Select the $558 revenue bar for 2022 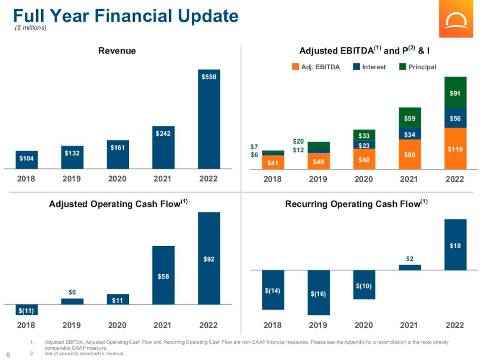tap(209, 119)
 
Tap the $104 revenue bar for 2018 tap(27, 159)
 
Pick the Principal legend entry tap(418, 67)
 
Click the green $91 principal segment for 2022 tap(455, 93)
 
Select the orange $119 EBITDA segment tap(455, 149)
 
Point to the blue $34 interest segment tap(410, 134)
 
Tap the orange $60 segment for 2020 tap(364, 159)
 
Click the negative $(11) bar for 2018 tap(27, 310)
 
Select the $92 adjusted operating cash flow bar tap(209, 258)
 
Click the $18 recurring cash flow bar tap(455, 245)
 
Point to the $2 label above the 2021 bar tap(410, 259)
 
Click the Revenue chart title tap(117, 51)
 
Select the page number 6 tap(8, 353)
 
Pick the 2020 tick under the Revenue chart tap(118, 179)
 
